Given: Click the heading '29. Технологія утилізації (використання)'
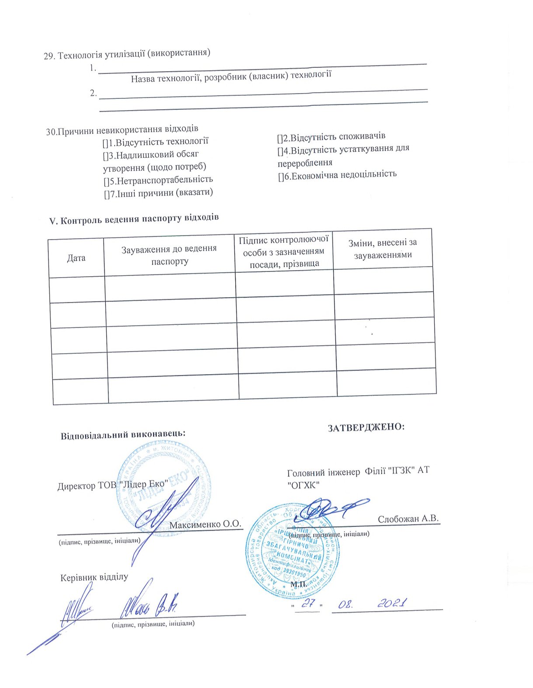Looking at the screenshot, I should pos(127,54).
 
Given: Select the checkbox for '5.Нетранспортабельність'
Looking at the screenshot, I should pos(106,181).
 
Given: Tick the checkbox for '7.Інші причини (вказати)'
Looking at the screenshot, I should pos(107,193).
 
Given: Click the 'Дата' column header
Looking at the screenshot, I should pos(76,258).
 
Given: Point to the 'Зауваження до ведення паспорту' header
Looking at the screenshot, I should pos(169,255).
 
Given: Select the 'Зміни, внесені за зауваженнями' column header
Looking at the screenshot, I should pos(383,249).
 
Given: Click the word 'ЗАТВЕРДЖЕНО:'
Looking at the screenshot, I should pos(366,427).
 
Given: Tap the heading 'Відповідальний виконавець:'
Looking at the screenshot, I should pos(123,435).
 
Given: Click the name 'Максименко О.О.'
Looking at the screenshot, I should pos(205,525).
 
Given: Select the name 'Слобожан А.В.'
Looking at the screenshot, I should pos(408,519).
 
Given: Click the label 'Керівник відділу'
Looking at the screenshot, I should pos(94,577).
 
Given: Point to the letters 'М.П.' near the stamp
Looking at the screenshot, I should pos(299,584).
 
